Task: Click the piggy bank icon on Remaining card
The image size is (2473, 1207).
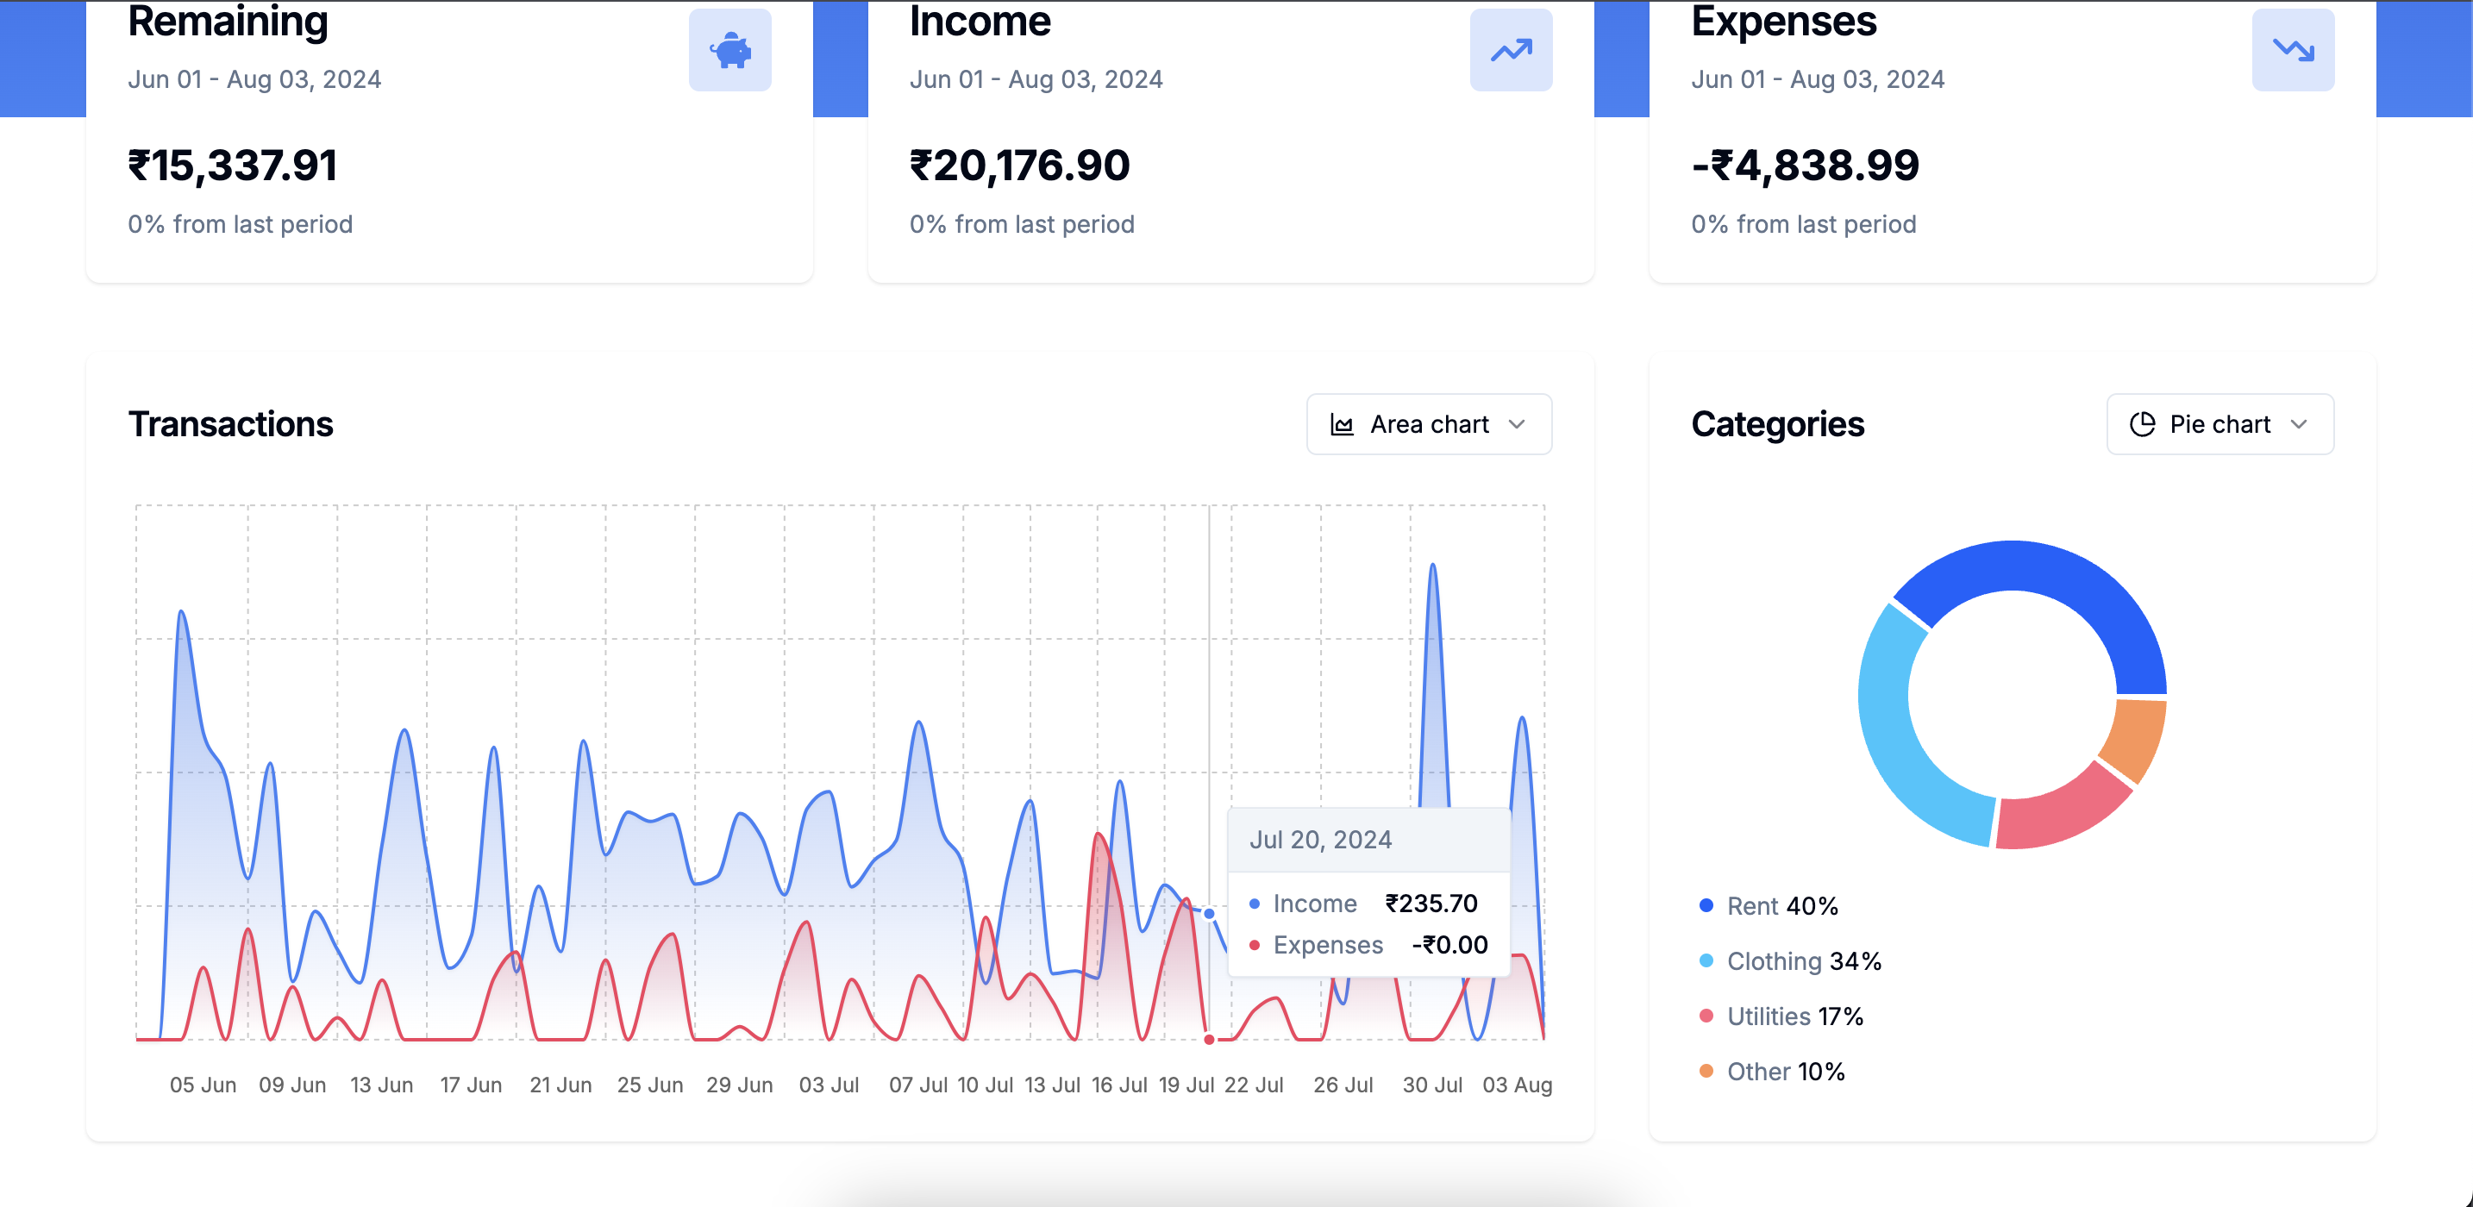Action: [x=729, y=50]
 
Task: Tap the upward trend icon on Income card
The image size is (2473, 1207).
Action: [x=1511, y=50]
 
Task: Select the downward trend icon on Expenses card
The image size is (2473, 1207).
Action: [x=2293, y=50]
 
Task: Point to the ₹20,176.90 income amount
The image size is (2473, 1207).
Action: [x=1019, y=166]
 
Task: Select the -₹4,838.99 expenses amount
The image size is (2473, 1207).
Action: [x=1805, y=166]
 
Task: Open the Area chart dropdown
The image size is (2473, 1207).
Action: [x=1429, y=424]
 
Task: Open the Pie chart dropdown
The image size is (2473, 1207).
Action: [x=2219, y=424]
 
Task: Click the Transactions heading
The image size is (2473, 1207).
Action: [x=230, y=424]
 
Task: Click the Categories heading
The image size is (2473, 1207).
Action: [x=1777, y=424]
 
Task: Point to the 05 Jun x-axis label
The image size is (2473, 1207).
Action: [x=203, y=1085]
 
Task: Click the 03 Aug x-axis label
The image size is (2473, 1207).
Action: [x=1517, y=1085]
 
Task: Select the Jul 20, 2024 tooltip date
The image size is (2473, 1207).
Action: [x=1320, y=841]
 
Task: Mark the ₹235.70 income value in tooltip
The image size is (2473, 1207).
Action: [x=1431, y=904]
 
